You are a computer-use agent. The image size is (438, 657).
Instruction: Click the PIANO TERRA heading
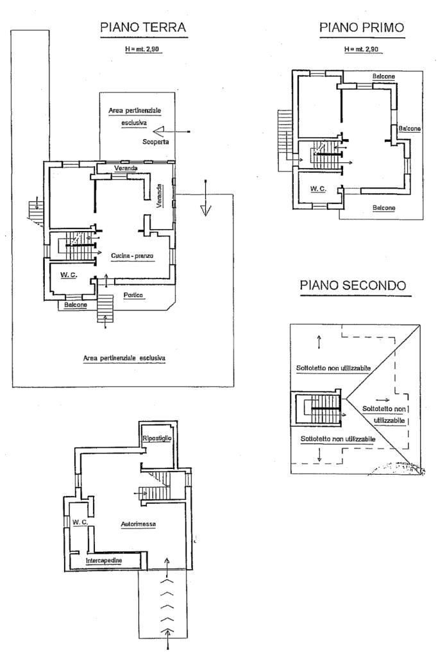point(143,28)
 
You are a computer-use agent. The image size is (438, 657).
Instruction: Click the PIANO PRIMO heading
point(362,28)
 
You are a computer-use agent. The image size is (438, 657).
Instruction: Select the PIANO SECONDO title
point(353,286)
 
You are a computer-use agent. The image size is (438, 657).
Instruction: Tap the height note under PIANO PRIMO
point(362,49)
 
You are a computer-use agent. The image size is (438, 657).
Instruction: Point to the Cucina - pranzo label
point(132,255)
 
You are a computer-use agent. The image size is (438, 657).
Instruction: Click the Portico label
point(133,295)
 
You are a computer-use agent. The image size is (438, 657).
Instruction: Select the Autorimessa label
point(139,524)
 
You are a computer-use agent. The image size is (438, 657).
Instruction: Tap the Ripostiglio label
point(157,438)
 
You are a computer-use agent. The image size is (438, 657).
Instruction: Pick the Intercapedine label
point(104,561)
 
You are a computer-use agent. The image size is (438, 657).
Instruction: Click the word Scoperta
point(155,142)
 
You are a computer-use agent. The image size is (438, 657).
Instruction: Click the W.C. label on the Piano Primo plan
point(318,189)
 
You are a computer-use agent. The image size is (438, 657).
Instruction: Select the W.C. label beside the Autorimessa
point(80,522)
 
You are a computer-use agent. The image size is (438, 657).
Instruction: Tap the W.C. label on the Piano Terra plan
point(68,275)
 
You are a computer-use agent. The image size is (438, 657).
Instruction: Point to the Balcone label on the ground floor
point(76,305)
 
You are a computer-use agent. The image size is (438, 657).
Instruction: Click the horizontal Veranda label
point(126,168)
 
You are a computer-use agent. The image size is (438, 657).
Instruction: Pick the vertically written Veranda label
point(159,196)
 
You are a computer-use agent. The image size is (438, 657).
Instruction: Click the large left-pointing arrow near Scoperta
point(171,132)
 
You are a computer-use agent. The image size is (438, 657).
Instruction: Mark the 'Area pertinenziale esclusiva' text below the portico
point(124,358)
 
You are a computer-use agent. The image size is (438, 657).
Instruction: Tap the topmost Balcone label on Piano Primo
point(383,77)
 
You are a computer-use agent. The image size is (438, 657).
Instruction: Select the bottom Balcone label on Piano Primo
point(384,208)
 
